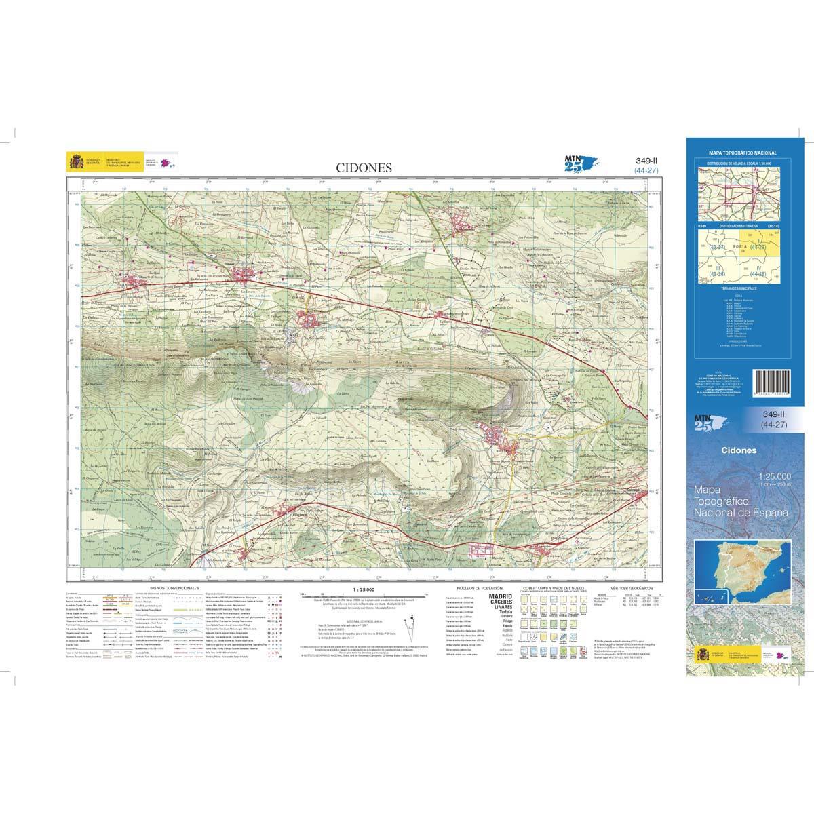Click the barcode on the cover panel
click(773, 387)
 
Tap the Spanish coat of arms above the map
click(74, 162)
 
